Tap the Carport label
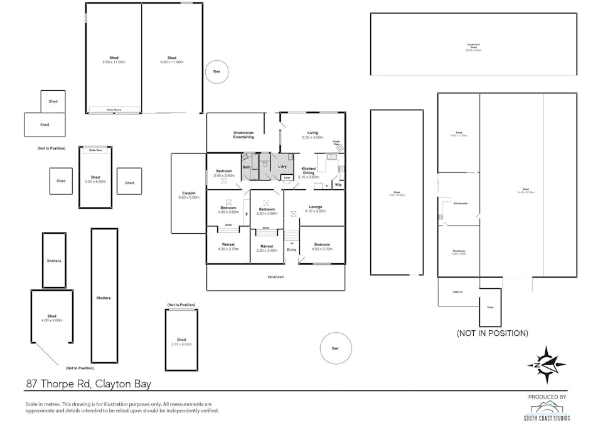click(x=188, y=193)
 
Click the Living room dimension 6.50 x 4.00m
click(x=312, y=137)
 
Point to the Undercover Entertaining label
click(x=243, y=135)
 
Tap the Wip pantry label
click(x=338, y=185)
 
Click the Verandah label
click(x=275, y=277)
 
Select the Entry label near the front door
click(x=291, y=249)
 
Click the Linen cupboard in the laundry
click(x=287, y=178)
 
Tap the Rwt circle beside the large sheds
click(x=217, y=71)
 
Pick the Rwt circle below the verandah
click(x=335, y=348)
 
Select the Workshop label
click(x=458, y=252)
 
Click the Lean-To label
click(x=457, y=291)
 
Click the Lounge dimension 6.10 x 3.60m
click(x=316, y=211)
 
